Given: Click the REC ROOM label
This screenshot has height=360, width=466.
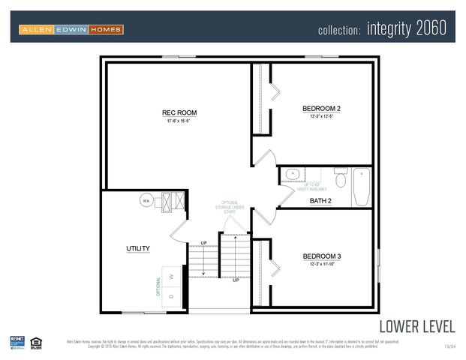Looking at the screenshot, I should coord(179,113).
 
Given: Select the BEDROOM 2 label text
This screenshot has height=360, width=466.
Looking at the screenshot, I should coord(321,109).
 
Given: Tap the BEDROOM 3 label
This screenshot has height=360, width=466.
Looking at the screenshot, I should coord(321,256).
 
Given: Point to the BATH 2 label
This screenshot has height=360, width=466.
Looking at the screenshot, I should coord(320,201).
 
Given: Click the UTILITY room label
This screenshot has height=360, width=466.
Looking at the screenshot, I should coord(137,248).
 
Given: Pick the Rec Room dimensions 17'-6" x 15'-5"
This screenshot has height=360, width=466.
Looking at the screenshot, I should coord(179,121).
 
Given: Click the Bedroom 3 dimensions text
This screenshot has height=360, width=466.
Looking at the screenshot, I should coord(321,264).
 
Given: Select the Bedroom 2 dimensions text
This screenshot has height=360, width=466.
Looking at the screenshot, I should coord(321,117).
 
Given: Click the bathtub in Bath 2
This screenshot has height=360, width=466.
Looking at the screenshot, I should coord(362,187).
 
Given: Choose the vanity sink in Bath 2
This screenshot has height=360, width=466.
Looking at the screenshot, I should coord(292,175).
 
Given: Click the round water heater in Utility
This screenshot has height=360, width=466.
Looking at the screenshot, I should coord(146,201).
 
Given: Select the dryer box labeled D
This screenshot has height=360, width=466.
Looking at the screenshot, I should coord(171,297).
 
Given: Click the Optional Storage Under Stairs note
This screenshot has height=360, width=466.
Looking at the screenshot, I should coord(230,206).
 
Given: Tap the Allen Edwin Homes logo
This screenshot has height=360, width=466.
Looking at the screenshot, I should coord(71,29).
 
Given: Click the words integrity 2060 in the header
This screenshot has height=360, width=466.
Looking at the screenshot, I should coord(407,28).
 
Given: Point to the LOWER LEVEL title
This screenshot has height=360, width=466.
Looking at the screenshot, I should coord(416,326).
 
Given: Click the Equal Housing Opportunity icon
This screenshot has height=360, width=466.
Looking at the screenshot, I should coord(36,342).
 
